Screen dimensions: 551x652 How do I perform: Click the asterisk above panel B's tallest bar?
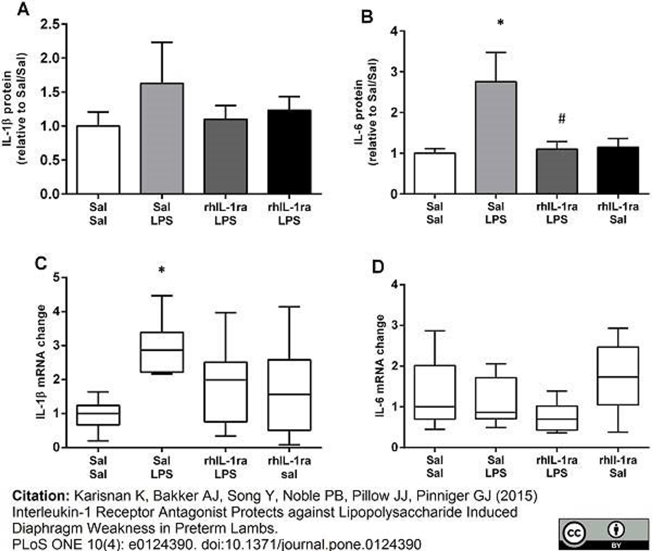point(500,22)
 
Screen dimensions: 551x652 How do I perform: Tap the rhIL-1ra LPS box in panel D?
point(557,418)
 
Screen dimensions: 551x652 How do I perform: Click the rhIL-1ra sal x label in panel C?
point(289,467)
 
